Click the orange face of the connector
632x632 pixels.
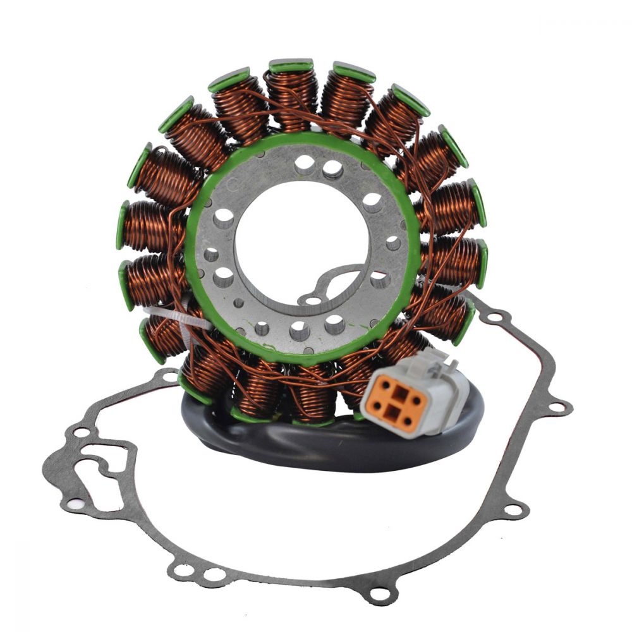(398, 403)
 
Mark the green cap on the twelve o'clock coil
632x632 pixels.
(291, 64)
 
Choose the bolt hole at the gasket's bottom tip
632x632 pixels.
(379, 593)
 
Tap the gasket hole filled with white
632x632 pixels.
(75, 504)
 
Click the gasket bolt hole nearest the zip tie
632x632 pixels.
(169, 377)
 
